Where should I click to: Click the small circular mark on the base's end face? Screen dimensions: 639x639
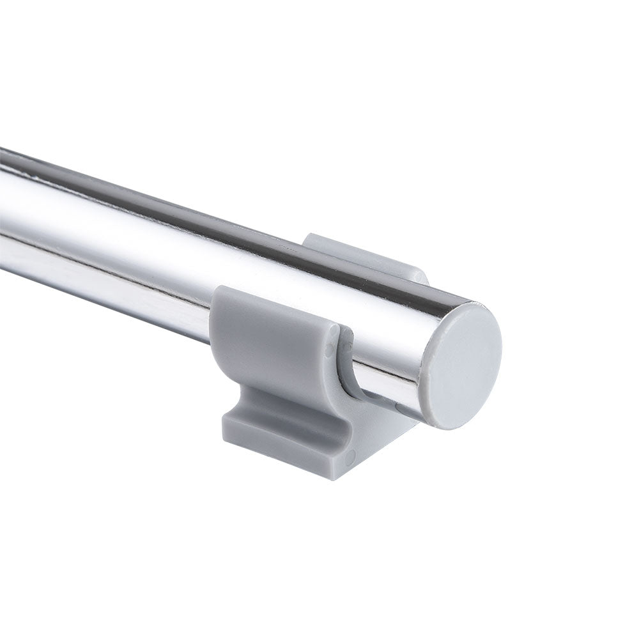click(350, 456)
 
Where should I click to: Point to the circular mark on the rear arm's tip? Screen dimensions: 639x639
click(419, 276)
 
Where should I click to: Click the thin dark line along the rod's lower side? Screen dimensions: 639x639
click(128, 281)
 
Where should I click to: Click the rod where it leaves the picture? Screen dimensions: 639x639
click(5, 211)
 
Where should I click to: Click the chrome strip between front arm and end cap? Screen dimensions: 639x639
click(383, 377)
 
